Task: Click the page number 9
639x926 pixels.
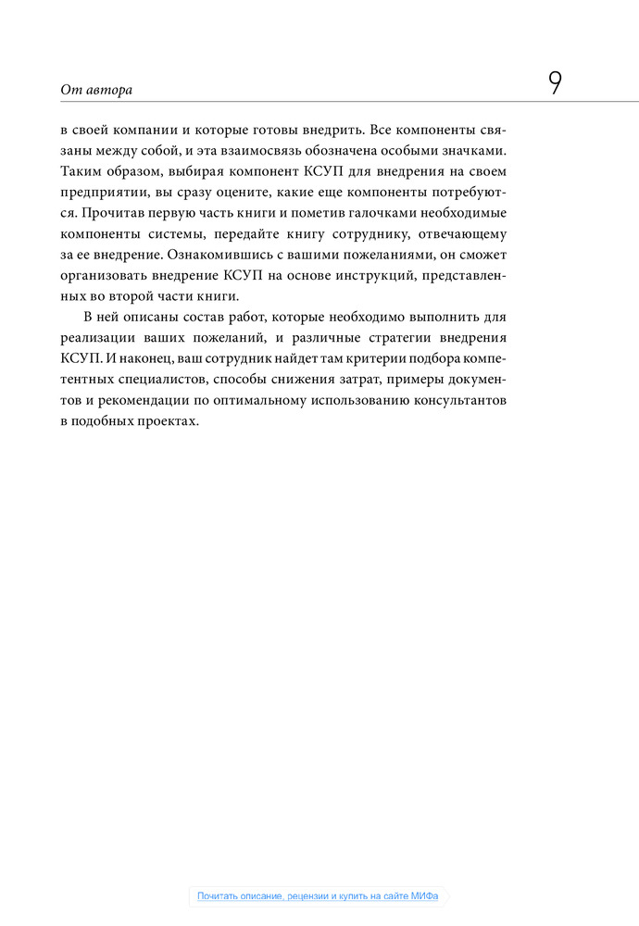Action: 555,84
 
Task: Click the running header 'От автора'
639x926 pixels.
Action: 96,90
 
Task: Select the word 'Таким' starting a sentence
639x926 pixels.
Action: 81,171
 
